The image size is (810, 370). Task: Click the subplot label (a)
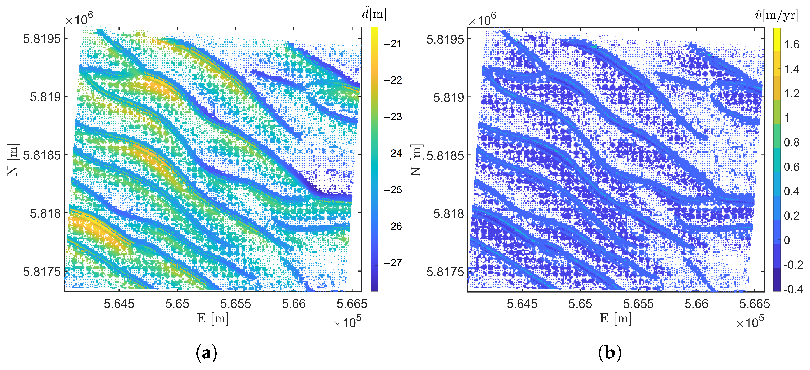coord(206,353)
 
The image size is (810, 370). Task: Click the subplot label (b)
coord(610,353)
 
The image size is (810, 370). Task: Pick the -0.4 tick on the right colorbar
coord(793,289)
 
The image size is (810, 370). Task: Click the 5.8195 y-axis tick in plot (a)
coord(41,39)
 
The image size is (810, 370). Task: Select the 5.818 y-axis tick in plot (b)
coord(448,214)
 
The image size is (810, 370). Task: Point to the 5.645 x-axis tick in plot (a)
coord(119,304)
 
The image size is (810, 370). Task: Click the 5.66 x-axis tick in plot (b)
coord(697,304)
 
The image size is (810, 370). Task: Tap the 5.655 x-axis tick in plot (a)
coord(236,304)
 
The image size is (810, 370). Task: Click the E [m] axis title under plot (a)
coord(212,319)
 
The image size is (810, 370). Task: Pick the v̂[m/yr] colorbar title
coord(776,14)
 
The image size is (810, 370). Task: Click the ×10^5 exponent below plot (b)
coord(750,322)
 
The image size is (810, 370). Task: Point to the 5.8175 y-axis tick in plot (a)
coord(41,272)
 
